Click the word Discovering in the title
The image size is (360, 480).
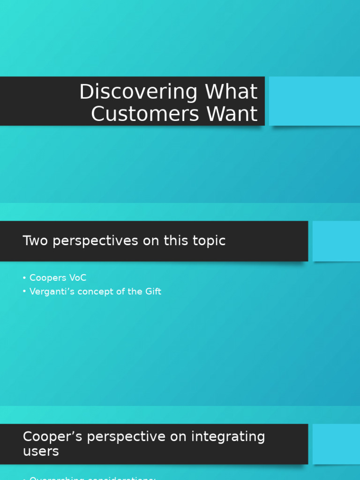tap(139, 92)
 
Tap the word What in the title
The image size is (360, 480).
tap(231, 92)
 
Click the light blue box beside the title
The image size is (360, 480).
tap(314, 101)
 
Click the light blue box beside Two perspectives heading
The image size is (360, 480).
tap(336, 241)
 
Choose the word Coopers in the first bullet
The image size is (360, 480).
tap(48, 278)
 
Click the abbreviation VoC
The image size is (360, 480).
tap(77, 278)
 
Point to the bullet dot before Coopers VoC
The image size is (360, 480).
tap(24, 278)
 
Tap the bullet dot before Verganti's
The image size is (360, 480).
tap(24, 292)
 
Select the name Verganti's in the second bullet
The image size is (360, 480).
tap(49, 292)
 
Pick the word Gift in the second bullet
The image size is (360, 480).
tap(152, 292)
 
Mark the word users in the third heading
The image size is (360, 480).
tap(41, 451)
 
